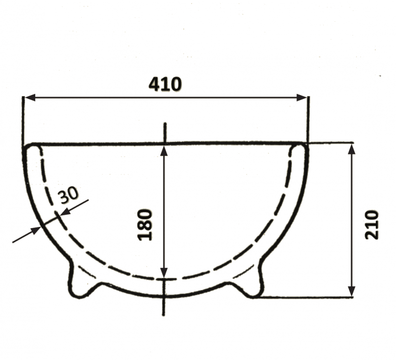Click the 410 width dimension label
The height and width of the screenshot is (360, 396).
(x=165, y=84)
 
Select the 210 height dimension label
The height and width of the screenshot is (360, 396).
(x=372, y=225)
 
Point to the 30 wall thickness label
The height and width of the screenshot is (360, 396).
(x=68, y=195)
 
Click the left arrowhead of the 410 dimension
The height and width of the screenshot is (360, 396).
(x=30, y=97)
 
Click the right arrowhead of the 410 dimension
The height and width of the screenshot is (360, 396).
(x=301, y=97)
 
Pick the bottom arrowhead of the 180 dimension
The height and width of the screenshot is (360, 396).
(x=164, y=272)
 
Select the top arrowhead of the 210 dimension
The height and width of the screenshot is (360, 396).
(x=351, y=149)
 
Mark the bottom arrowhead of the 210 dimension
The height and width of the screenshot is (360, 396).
(x=351, y=291)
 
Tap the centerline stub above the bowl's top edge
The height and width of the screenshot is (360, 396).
(x=165, y=132)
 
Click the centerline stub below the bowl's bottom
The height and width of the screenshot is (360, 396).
(x=164, y=307)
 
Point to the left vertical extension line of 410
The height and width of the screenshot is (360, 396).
(x=23, y=119)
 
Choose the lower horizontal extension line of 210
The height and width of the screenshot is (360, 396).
(x=307, y=297)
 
